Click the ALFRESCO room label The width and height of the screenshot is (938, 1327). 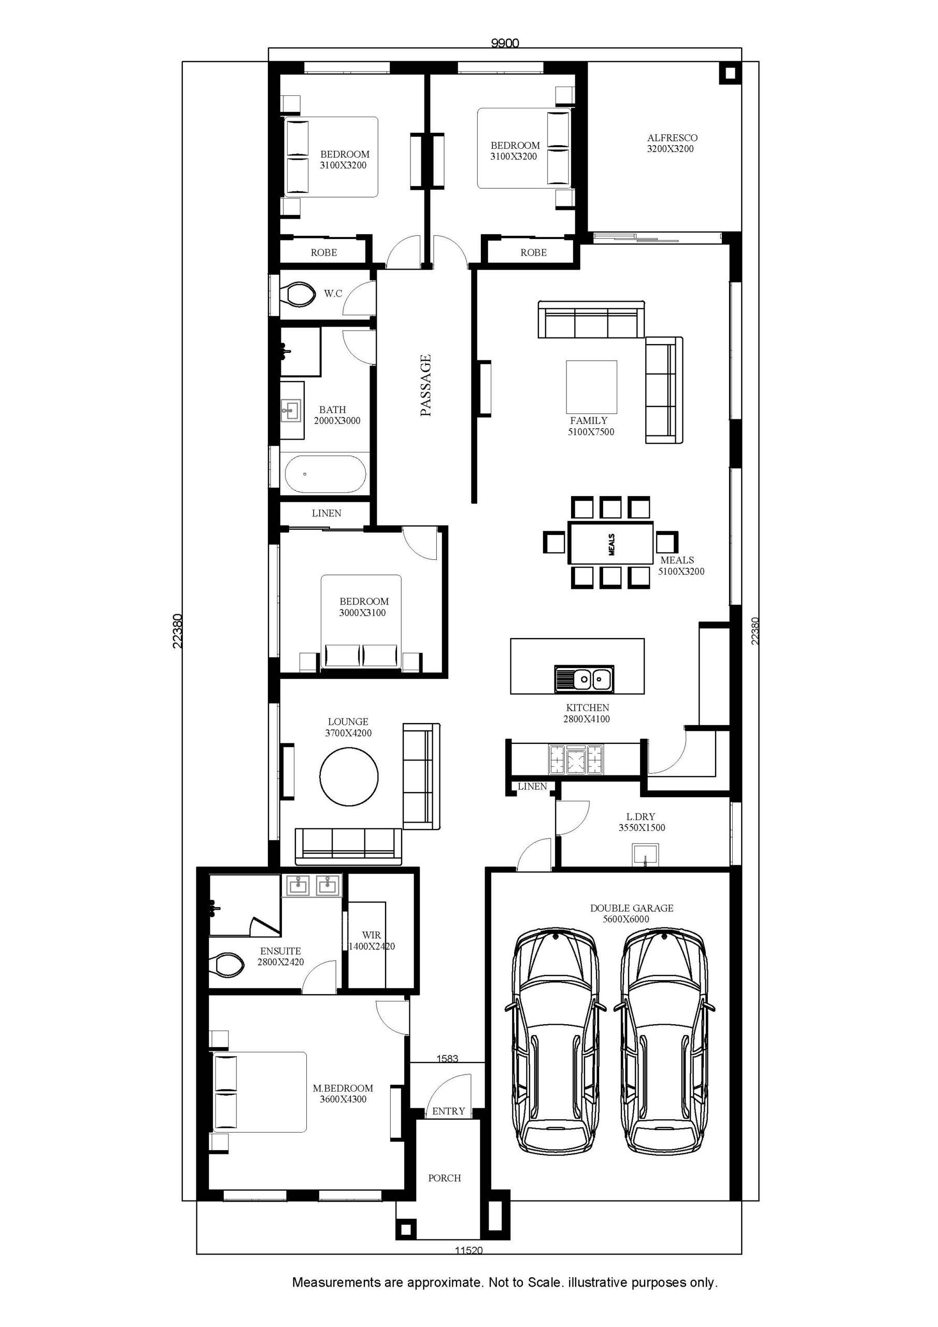coord(672,137)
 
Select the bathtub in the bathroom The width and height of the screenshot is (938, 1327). coord(325,474)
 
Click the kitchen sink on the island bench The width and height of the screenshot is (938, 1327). coord(584,678)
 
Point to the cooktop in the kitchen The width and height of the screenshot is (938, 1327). coord(576,759)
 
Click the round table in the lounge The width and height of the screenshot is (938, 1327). coord(349,776)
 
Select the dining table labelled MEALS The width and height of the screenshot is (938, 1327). coord(610,543)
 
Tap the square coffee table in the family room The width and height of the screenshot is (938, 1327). coord(591,387)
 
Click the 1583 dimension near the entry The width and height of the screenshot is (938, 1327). coord(447,1058)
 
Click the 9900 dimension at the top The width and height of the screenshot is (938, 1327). coord(505,44)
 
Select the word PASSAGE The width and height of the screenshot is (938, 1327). coord(426,386)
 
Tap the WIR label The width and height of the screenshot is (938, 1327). coord(372,935)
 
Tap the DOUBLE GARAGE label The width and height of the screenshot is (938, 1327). coord(632,908)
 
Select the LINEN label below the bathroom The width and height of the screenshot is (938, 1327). coord(326,513)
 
